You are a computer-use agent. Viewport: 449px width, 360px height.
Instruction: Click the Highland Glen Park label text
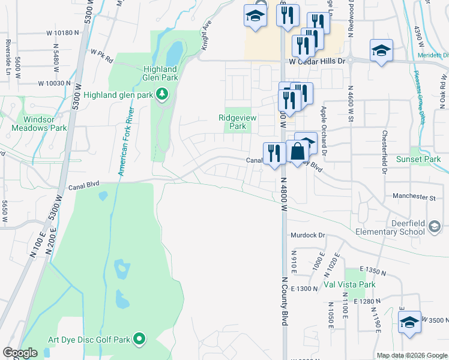coord(160,73)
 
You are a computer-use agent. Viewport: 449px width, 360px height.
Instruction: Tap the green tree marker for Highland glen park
coord(161,94)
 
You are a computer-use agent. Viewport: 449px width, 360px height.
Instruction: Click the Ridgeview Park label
coord(238,122)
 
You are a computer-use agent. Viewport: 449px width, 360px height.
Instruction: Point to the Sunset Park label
coord(418,159)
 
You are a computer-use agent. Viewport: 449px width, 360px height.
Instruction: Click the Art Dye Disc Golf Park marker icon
coord(139,340)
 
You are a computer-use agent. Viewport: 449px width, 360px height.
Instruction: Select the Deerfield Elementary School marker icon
coord(435,226)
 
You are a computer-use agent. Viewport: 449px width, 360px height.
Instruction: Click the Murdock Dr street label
coord(308,235)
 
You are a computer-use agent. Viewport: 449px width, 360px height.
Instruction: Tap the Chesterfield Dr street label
coord(383,152)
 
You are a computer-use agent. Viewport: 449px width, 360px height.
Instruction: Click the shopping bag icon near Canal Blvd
coord(297,152)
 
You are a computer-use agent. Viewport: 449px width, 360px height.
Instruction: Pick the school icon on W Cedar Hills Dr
coord(381,50)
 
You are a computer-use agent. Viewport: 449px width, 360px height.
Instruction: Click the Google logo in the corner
coord(20,353)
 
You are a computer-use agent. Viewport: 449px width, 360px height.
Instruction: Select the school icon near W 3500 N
coord(410,322)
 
